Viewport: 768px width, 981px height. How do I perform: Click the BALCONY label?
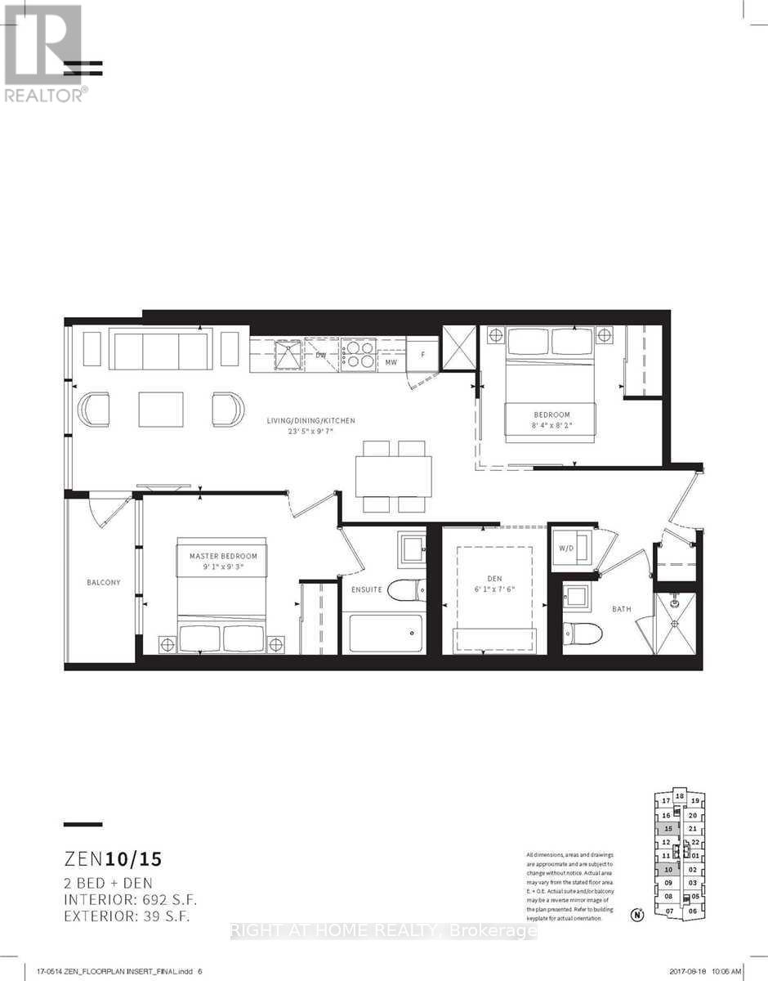click(x=104, y=583)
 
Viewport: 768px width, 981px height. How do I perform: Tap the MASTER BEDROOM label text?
click(x=223, y=557)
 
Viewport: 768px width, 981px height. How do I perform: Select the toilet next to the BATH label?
click(x=583, y=631)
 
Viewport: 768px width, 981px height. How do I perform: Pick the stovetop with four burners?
click(x=358, y=352)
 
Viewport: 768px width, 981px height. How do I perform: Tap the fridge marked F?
click(x=422, y=356)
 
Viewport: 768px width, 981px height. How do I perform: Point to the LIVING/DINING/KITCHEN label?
click(x=311, y=420)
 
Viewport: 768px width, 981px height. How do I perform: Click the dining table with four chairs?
click(x=393, y=475)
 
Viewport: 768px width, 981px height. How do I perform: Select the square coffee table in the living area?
click(x=161, y=409)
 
